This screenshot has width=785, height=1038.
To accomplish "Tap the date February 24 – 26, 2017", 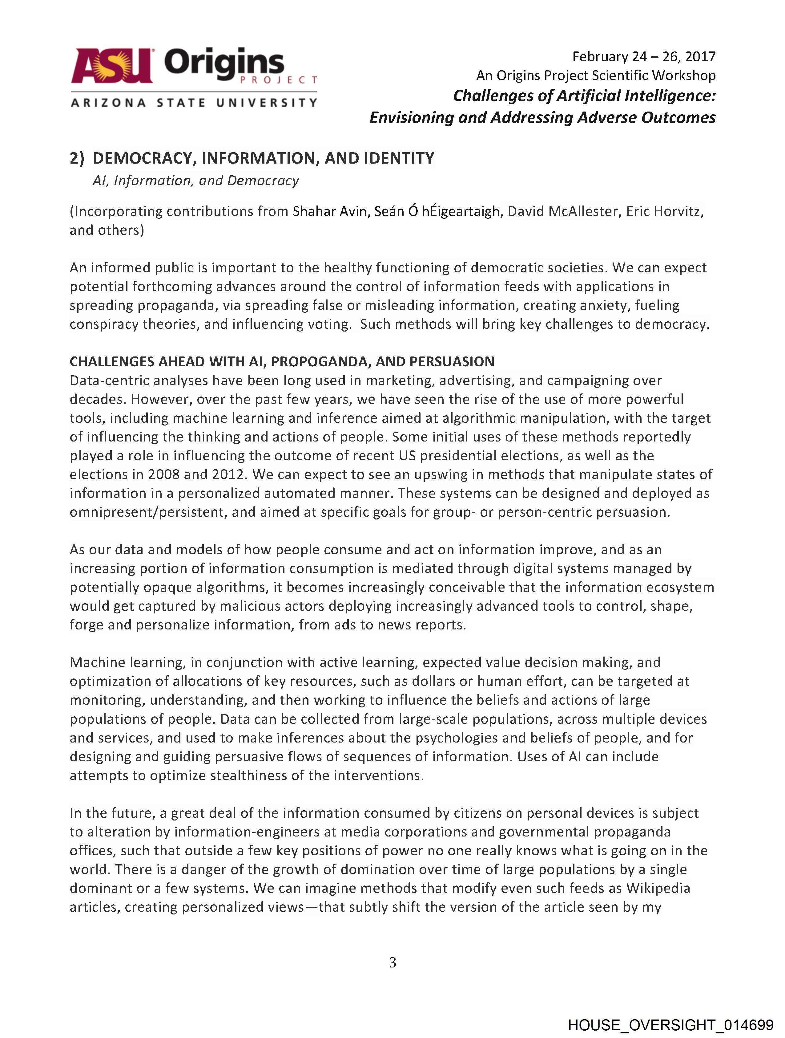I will coord(643,57).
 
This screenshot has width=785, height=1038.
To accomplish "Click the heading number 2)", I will coord(77,159).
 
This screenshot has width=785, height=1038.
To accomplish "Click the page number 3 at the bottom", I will coord(392,963).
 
